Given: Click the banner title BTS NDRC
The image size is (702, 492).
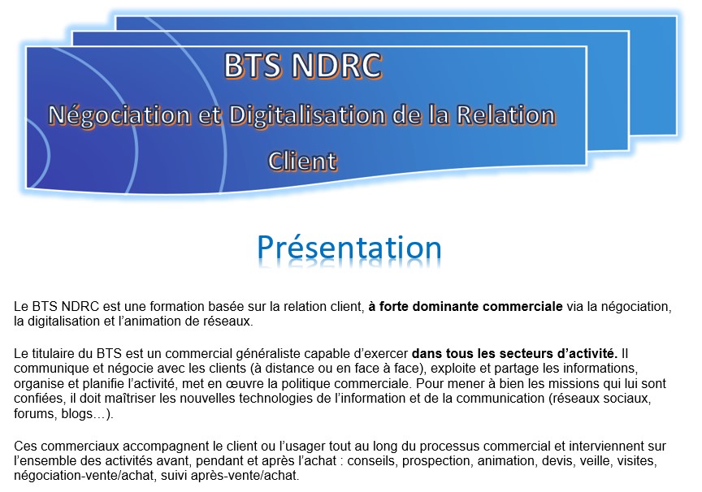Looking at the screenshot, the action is point(303,66).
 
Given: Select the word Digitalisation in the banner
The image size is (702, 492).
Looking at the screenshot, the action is point(307,115).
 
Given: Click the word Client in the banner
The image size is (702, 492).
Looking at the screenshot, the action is point(302,161).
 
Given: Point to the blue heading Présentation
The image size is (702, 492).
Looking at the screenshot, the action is point(349,248).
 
